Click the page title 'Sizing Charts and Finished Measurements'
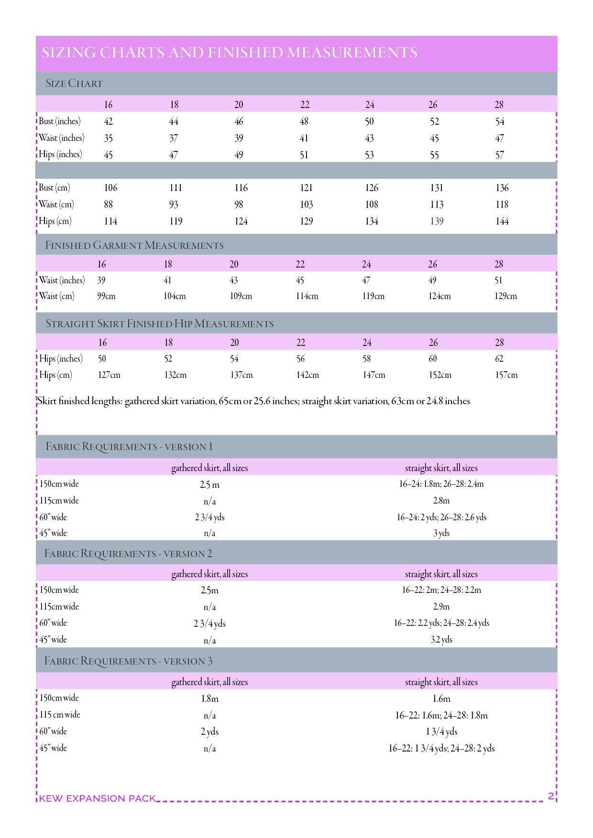click(x=230, y=53)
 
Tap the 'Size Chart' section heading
click(x=74, y=84)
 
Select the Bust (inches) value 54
click(x=500, y=121)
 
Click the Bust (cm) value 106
click(x=110, y=188)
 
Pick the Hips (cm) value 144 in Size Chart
click(x=502, y=221)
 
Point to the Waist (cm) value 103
click(x=307, y=204)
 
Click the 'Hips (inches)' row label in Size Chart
click(x=60, y=154)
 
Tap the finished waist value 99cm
click(x=106, y=296)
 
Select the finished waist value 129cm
click(x=505, y=296)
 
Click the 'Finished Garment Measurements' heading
click(x=134, y=246)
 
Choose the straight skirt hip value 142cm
click(x=307, y=375)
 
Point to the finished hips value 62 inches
click(x=499, y=359)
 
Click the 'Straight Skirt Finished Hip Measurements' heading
click(x=160, y=324)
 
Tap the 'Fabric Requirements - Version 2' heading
click(x=128, y=554)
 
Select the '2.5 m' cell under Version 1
click(x=209, y=485)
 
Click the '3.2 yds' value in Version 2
click(x=441, y=640)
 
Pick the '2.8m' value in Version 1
click(x=441, y=501)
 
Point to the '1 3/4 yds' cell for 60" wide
click(x=441, y=731)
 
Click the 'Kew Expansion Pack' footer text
click(x=98, y=798)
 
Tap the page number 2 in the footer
click(x=551, y=796)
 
